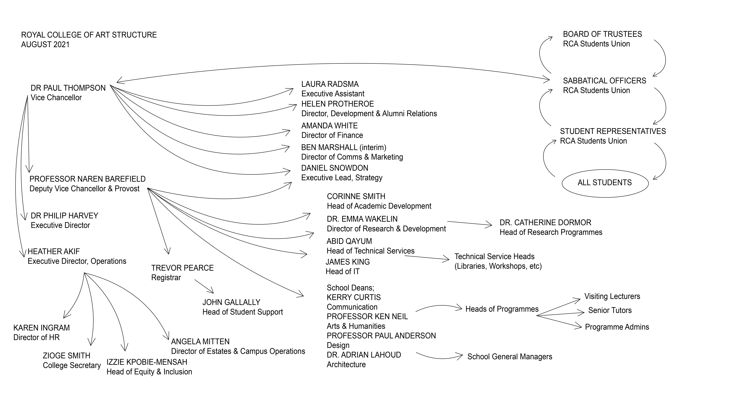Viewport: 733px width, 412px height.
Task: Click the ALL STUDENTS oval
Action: click(x=605, y=183)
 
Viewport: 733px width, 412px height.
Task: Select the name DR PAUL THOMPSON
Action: click(x=68, y=88)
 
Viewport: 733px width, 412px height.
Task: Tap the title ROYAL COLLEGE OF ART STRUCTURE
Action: click(x=89, y=35)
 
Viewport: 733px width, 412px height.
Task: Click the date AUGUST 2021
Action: click(x=45, y=45)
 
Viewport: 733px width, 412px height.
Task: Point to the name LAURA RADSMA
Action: click(x=330, y=84)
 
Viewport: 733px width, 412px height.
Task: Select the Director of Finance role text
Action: click(x=332, y=135)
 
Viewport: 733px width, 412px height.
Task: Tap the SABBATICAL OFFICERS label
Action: click(x=604, y=81)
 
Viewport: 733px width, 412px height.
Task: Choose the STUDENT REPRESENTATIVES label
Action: click(x=613, y=131)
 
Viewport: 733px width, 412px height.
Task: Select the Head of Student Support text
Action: click(x=242, y=312)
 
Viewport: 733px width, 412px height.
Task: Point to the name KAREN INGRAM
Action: click(x=42, y=328)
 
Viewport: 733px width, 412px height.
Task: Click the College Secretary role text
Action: click(x=72, y=365)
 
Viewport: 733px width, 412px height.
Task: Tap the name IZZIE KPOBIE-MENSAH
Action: click(x=147, y=362)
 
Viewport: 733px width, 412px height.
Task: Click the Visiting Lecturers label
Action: click(x=612, y=297)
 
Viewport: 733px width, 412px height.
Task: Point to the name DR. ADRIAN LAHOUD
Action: click(x=364, y=355)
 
